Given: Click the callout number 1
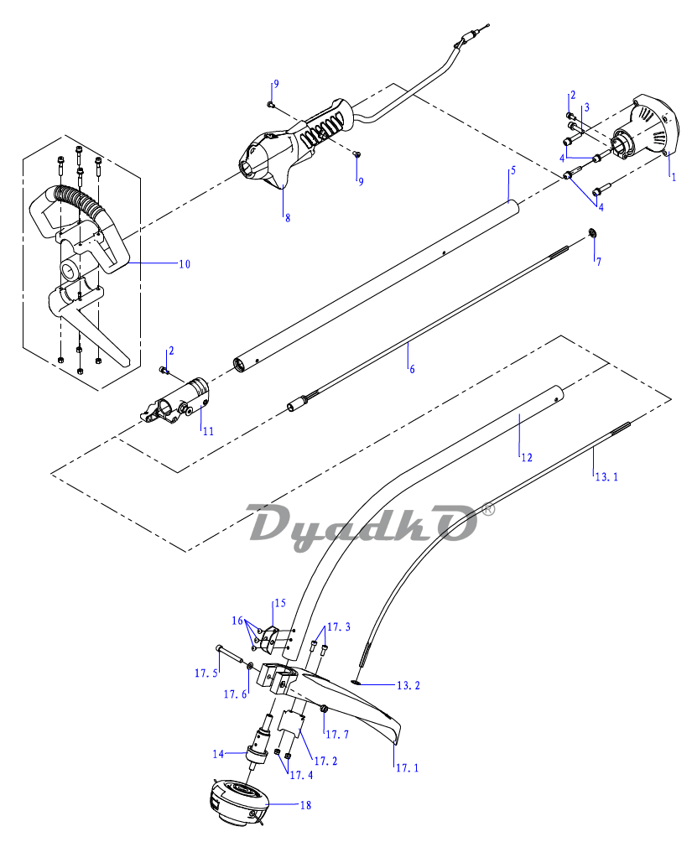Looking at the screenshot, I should (x=672, y=176).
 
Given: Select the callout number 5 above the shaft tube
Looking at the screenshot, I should (x=512, y=170).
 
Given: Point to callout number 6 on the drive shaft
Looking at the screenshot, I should (x=411, y=368).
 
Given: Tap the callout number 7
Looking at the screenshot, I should (x=598, y=262).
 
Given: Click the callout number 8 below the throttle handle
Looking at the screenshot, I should (x=287, y=217).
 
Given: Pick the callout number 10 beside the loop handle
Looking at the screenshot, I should (x=184, y=264).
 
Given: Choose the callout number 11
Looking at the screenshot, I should (x=207, y=431).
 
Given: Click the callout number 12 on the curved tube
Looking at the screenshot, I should (x=526, y=458).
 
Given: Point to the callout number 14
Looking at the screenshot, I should (x=218, y=754).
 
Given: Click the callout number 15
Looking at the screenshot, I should (x=279, y=603).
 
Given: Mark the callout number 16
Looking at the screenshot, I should (x=237, y=621).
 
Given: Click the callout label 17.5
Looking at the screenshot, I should (x=206, y=673).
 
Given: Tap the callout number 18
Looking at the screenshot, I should (x=304, y=804).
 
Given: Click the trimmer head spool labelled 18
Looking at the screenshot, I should (x=237, y=799).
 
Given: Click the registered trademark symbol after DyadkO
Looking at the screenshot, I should (x=489, y=508).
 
